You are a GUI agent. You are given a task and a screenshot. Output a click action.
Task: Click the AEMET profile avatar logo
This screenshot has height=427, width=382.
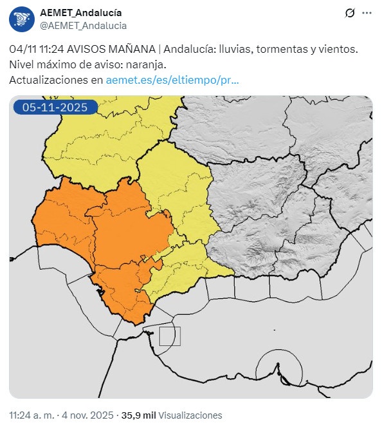[22, 19]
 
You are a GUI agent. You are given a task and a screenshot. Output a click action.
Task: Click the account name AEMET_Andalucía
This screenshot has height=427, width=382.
[80, 13]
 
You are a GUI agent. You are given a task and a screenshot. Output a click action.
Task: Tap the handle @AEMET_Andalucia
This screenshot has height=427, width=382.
[83, 25]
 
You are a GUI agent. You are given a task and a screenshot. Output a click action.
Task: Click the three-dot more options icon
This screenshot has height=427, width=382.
[367, 13]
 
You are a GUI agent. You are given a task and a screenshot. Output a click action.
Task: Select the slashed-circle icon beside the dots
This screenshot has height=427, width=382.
[350, 13]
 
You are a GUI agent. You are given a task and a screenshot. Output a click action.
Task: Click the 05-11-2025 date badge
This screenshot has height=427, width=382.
[55, 108]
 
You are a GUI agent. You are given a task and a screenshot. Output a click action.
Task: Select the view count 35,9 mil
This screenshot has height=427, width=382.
[138, 415]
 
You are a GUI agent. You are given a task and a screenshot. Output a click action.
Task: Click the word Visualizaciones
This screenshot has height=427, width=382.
[190, 415]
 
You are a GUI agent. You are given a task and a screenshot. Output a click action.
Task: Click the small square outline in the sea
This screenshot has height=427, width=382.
[170, 336]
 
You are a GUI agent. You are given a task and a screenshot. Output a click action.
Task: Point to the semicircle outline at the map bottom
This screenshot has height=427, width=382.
[278, 368]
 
